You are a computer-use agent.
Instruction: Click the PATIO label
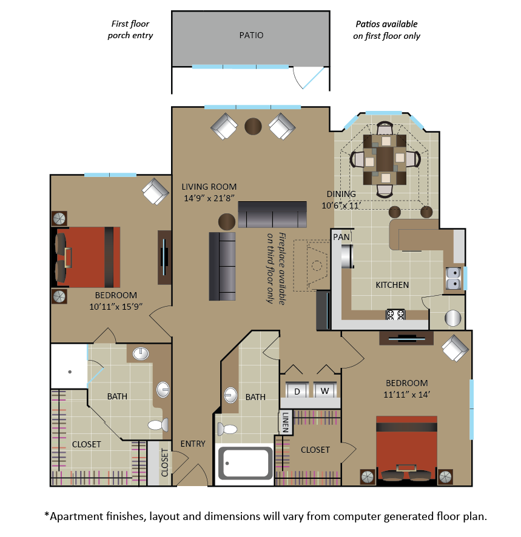click(251, 35)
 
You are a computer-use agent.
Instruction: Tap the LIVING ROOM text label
click(209, 187)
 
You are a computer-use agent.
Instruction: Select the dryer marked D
click(297, 391)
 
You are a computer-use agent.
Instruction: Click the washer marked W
click(324, 391)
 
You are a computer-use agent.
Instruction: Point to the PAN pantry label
click(341, 237)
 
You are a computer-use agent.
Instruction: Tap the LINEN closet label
click(286, 422)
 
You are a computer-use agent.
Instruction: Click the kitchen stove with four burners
click(395, 315)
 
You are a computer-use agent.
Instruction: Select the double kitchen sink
click(452, 278)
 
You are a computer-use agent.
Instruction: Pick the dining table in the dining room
click(385, 160)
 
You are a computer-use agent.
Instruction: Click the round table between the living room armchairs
click(253, 126)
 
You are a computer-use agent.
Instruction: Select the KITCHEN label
click(392, 284)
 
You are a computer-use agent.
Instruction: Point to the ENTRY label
click(193, 444)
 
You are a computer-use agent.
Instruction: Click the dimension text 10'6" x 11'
click(341, 205)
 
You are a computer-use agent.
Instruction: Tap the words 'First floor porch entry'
click(130, 30)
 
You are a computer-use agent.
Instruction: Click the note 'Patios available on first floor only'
click(386, 30)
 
